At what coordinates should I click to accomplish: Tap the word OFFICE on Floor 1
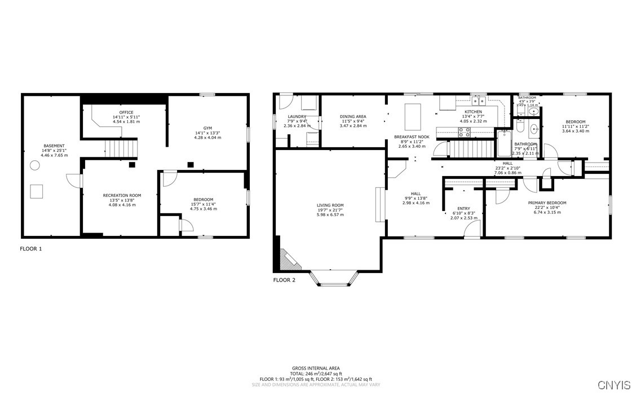[x=126, y=112]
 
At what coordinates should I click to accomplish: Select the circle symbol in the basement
[x=35, y=165]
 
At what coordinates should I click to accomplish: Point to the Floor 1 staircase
[x=122, y=149]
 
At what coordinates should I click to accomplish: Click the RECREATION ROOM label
[x=122, y=195]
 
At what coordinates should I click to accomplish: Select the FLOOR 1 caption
[x=31, y=248]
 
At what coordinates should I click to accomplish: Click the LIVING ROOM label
[x=330, y=205]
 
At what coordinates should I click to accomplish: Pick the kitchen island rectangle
[x=413, y=117]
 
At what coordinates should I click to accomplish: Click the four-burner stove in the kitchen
[x=464, y=133]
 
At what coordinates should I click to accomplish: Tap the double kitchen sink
[x=479, y=102]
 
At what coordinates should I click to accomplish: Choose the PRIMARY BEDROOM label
[x=547, y=203]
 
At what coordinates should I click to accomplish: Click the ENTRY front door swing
[x=474, y=229]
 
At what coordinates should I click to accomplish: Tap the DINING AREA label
[x=353, y=117]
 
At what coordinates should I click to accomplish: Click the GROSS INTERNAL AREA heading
[x=316, y=368]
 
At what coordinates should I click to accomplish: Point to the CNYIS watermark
[x=614, y=385]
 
